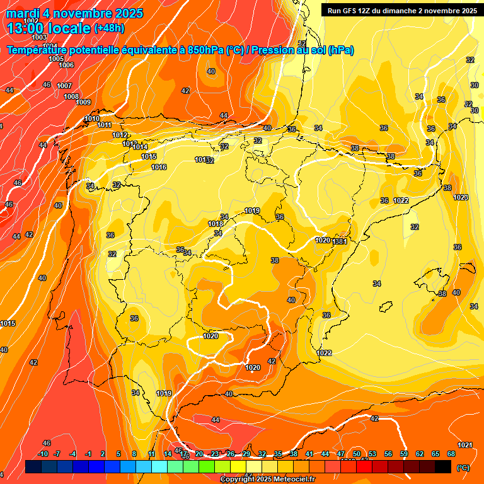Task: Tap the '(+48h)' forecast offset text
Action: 109,28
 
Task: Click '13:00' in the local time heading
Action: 26,28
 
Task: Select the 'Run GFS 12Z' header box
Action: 400,10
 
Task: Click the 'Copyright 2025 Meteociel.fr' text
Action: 268,480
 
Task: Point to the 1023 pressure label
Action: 461,197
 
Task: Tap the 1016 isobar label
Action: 159,167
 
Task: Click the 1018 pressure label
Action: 216,224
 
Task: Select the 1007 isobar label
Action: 64,86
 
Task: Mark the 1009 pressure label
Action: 83,102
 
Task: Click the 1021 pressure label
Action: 465,445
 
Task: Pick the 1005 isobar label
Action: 55,59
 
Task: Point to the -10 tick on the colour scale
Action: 43,454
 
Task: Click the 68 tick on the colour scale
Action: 451,454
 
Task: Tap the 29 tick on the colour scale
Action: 246,454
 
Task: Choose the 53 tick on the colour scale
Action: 372,454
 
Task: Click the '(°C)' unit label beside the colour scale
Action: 463,468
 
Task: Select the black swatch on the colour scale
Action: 443,467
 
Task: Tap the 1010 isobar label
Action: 92,118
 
